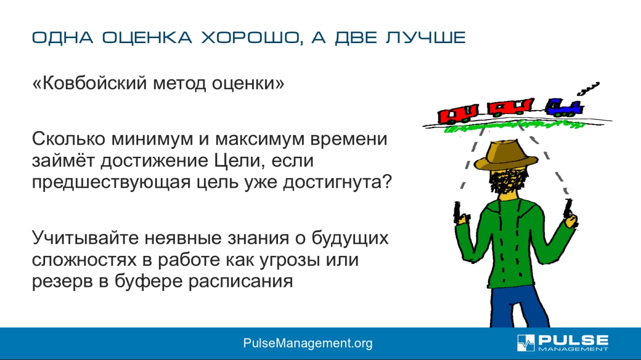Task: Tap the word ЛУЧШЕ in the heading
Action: (x=426, y=38)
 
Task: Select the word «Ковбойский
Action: (x=89, y=83)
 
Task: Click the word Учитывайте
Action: (x=85, y=237)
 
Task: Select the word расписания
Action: (x=241, y=282)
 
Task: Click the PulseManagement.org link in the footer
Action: (x=308, y=343)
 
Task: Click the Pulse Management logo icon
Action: (x=526, y=343)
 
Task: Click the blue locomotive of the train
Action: (x=563, y=108)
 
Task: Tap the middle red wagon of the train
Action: (x=510, y=107)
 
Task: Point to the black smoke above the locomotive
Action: (x=588, y=89)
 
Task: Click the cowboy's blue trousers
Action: (x=518, y=307)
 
